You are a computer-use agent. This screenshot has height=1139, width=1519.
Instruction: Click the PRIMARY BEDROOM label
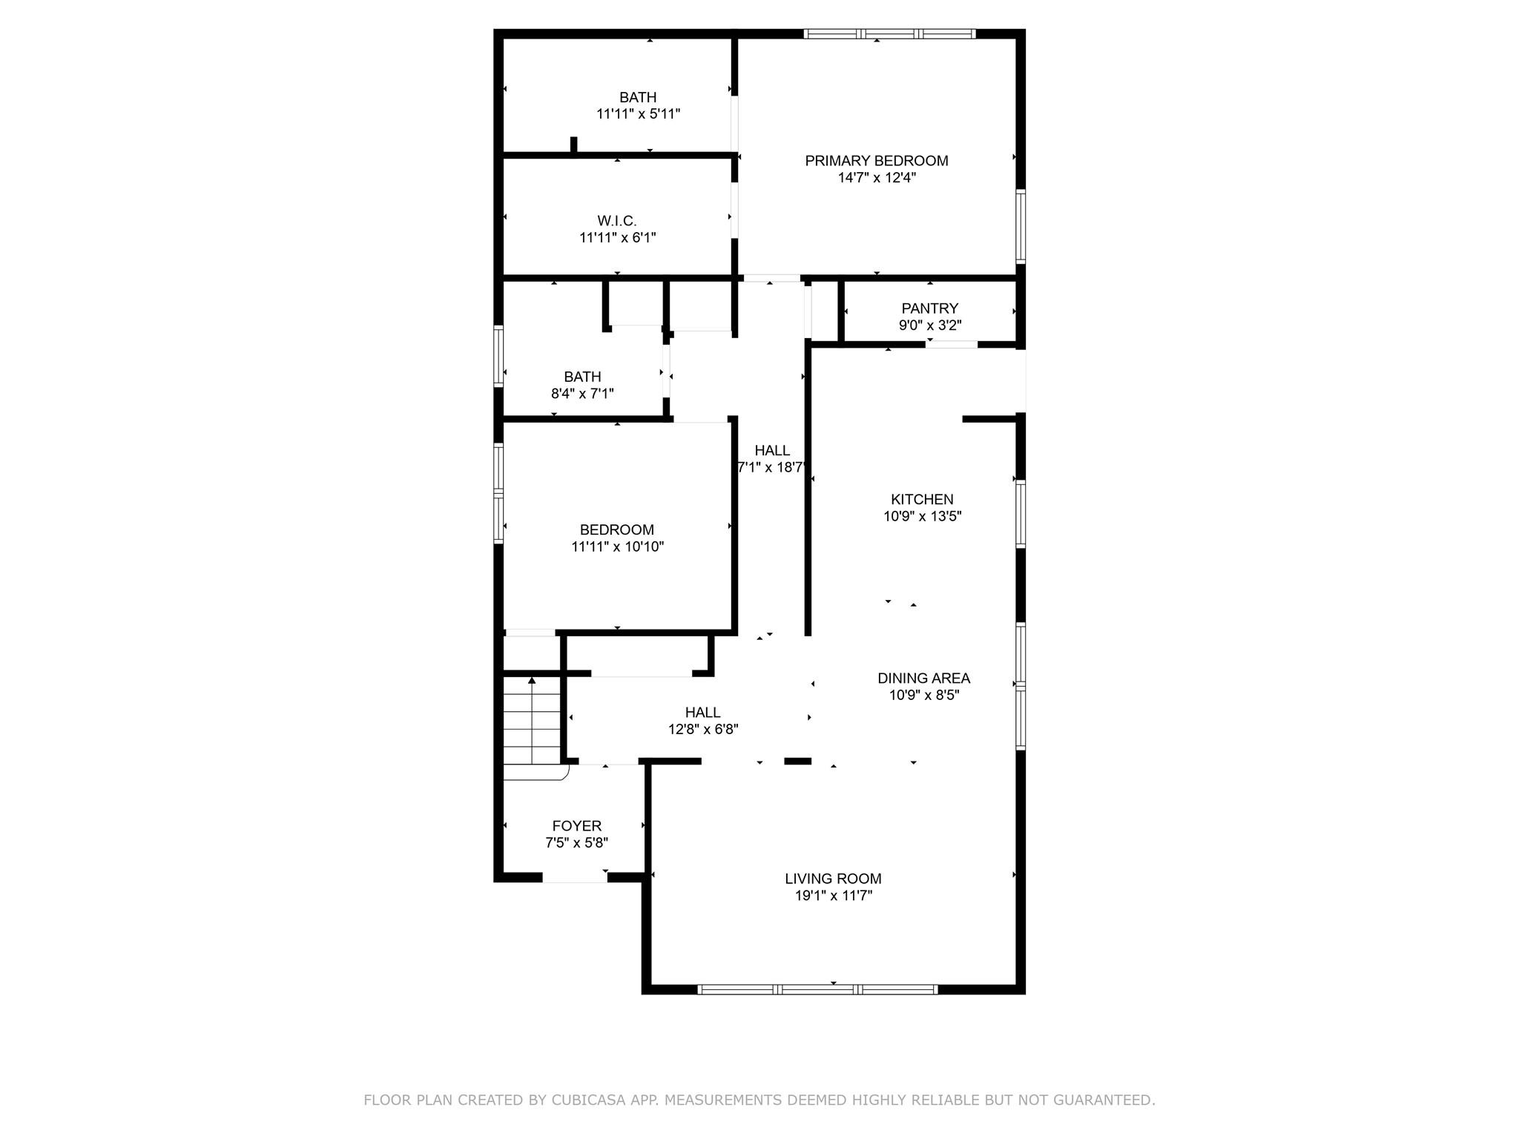coord(877,161)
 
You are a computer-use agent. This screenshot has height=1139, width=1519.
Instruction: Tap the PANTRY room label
coord(929,308)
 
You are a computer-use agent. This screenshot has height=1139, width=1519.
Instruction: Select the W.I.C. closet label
coord(617,221)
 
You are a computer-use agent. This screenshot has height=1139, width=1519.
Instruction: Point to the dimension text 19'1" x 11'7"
coord(833,896)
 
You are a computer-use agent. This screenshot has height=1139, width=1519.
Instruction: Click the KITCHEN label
coord(922,500)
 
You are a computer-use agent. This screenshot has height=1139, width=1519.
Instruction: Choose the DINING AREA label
coord(923,679)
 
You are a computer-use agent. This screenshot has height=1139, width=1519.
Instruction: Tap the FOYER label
coord(576,826)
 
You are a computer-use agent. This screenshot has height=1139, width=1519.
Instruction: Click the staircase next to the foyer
coord(532,723)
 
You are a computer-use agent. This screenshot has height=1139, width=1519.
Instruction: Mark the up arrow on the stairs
coord(532,681)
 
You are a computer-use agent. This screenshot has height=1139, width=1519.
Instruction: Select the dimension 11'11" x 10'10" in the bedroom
coord(617,547)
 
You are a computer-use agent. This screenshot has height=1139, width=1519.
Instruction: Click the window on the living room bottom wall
coord(817,989)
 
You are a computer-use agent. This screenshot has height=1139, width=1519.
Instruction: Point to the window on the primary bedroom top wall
coord(889,33)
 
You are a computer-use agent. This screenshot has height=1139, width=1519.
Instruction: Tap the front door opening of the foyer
coord(575,878)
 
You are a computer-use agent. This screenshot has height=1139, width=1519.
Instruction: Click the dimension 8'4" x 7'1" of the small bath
coord(582,394)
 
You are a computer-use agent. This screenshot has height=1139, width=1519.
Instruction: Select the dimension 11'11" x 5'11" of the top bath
coord(638,114)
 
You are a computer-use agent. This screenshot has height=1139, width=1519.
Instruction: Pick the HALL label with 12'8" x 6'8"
coord(702,713)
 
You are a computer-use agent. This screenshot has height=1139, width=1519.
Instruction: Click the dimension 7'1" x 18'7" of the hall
coord(772,468)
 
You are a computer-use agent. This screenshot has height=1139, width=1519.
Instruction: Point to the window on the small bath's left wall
coord(498,356)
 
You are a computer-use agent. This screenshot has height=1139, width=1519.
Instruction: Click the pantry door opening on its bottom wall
coord(952,344)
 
